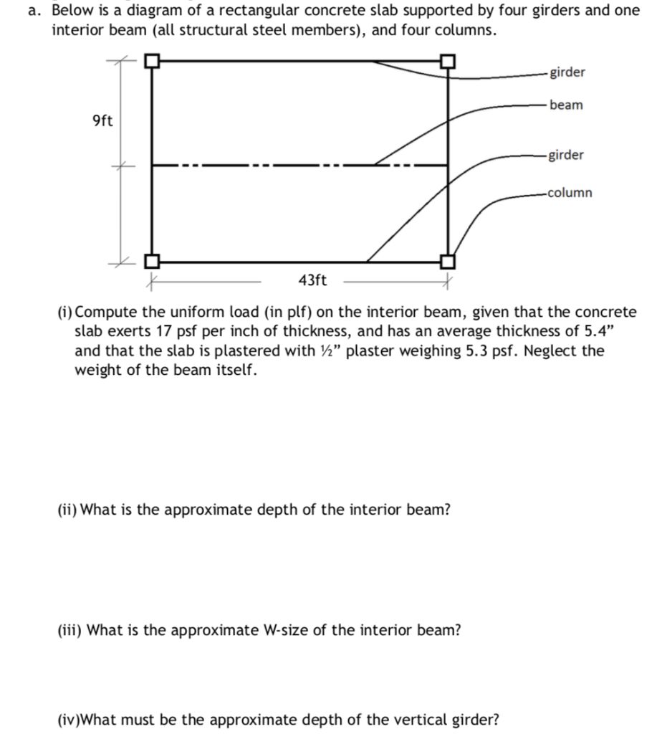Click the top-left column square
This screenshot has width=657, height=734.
(151, 62)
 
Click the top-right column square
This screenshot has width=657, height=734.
(448, 62)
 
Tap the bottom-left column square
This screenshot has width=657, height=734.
(151, 262)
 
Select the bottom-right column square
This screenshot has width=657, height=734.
(448, 262)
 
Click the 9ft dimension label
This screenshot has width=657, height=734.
(102, 120)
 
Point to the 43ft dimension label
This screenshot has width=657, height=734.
(312, 280)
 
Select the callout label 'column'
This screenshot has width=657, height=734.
(570, 192)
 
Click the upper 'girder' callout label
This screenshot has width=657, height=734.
(567, 72)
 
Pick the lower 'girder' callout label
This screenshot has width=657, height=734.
(565, 155)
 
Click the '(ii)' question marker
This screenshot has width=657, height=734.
(67, 510)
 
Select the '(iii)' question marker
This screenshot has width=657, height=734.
(69, 630)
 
